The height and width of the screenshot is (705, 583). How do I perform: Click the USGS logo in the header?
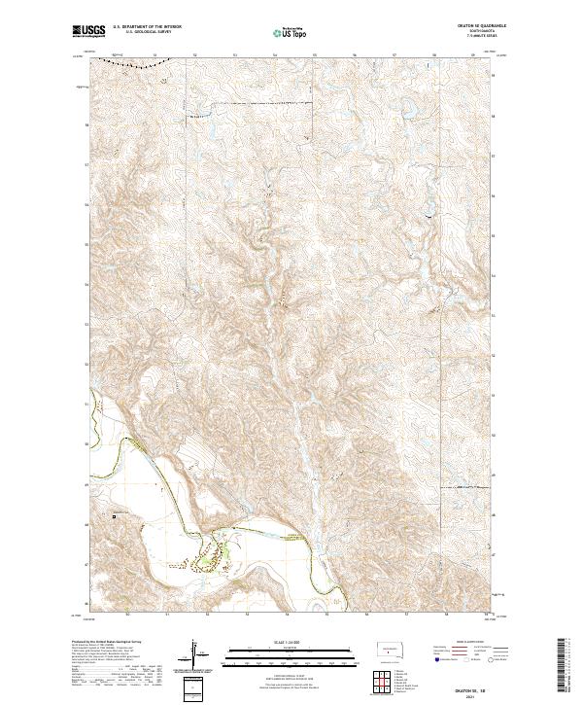click(88, 31)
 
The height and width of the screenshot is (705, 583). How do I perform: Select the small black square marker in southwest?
click(114, 516)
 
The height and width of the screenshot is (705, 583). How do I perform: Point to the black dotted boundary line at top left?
click(136, 61)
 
